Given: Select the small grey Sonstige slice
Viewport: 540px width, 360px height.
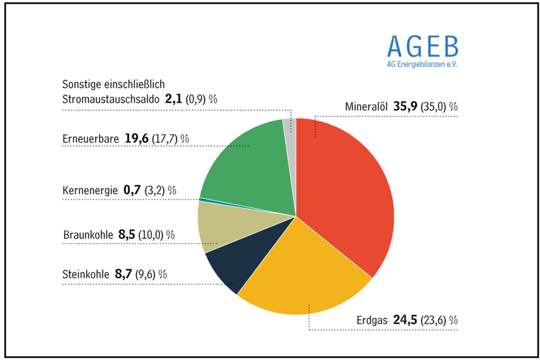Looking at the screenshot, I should pyautogui.click(x=289, y=126).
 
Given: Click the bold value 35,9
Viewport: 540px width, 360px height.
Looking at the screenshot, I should pyautogui.click(x=404, y=107).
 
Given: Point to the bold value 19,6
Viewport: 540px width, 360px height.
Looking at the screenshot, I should pyautogui.click(x=136, y=138).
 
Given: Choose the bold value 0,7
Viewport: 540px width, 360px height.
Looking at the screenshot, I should pyautogui.click(x=133, y=190).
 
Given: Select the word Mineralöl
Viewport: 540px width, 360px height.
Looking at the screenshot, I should pyautogui.click(x=366, y=107).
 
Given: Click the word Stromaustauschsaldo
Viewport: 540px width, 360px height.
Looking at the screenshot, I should pyautogui.click(x=110, y=99).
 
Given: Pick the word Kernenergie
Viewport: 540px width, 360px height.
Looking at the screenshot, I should pyautogui.click(x=90, y=191).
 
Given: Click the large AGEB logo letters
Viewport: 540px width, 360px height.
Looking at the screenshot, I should pyautogui.click(x=423, y=46).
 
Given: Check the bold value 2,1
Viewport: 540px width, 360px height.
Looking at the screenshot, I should pyautogui.click(x=173, y=99).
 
